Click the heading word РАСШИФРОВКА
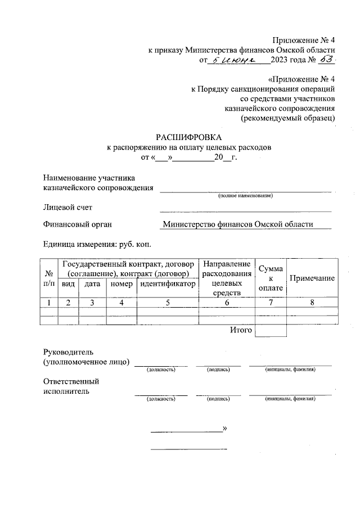pos(189,137)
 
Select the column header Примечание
pos(312,278)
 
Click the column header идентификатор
pos(168,284)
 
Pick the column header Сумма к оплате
pos(270,278)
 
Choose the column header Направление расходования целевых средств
pos(227,278)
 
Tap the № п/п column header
pos(49,278)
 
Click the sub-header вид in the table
pos(68,284)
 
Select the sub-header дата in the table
pos(92,284)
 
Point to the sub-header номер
pos(121,284)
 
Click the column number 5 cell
pos(168,303)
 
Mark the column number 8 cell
pos(312,303)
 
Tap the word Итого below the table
pos(241,330)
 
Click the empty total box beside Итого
pos(270,331)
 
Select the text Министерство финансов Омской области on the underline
pos(245,224)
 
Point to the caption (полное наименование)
pos(245,196)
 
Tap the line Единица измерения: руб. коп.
pos(97,244)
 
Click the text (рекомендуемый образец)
pos(288,118)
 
